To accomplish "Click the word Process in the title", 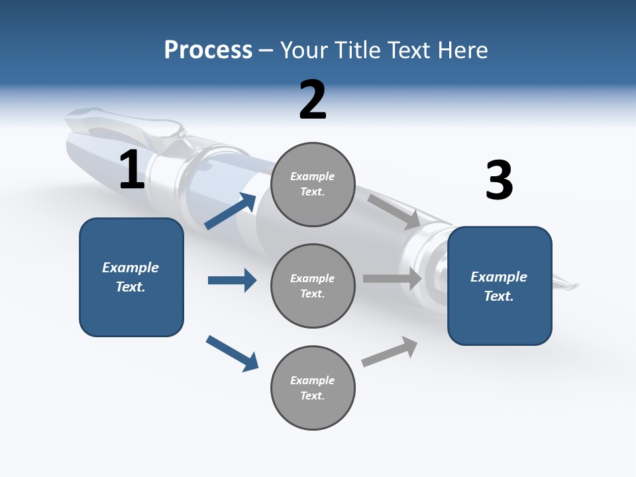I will click(208, 50).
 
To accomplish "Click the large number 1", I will click(132, 170).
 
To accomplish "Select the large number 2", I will click(313, 100).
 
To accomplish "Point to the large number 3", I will click(499, 181).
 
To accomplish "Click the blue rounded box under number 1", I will click(131, 277).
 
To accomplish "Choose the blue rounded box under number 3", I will click(500, 286).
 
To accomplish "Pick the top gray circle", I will click(313, 184).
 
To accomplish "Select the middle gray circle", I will click(313, 286).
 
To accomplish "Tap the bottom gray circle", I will click(313, 388).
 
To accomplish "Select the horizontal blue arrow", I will click(232, 280).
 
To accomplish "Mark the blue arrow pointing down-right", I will click(232, 353).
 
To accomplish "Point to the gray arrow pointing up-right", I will click(390, 352).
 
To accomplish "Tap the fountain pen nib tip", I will click(574, 286).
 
